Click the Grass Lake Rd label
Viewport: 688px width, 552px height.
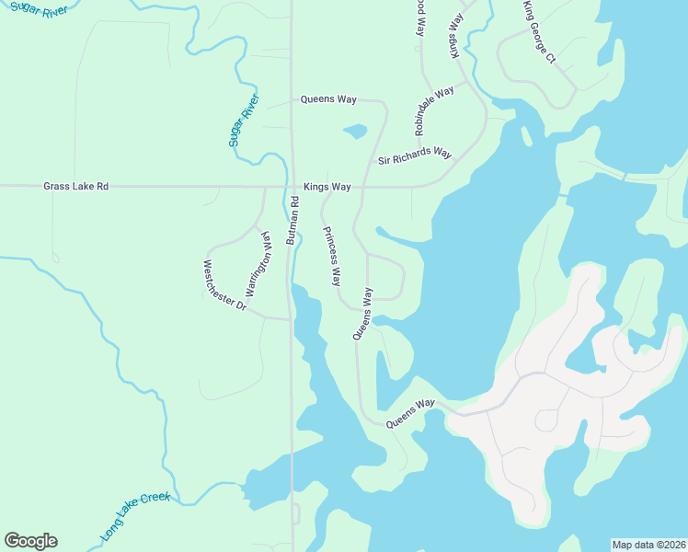(75, 187)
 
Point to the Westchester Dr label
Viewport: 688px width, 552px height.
(224, 284)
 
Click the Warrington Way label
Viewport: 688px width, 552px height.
(260, 262)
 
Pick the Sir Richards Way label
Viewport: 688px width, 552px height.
(415, 156)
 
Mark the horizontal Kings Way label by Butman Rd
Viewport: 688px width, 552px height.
(327, 187)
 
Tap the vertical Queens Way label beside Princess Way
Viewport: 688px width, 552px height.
(363, 314)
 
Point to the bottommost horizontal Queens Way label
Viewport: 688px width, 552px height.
(409, 413)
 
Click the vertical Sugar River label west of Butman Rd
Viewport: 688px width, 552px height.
(245, 121)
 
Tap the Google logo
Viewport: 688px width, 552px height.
(30, 540)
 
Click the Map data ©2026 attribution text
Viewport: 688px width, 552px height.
(648, 544)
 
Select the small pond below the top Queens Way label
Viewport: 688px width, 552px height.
(355, 132)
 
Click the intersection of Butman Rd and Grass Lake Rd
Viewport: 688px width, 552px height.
(292, 187)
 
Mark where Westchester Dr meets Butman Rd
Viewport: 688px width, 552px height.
(292, 319)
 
